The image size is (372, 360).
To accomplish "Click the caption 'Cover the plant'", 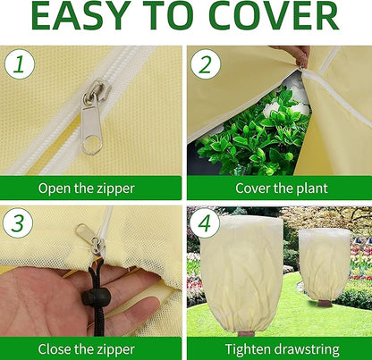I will (x=280, y=188).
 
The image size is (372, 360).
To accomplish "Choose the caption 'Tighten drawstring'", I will (x=280, y=348).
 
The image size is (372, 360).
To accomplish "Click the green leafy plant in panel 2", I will (x=259, y=134).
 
